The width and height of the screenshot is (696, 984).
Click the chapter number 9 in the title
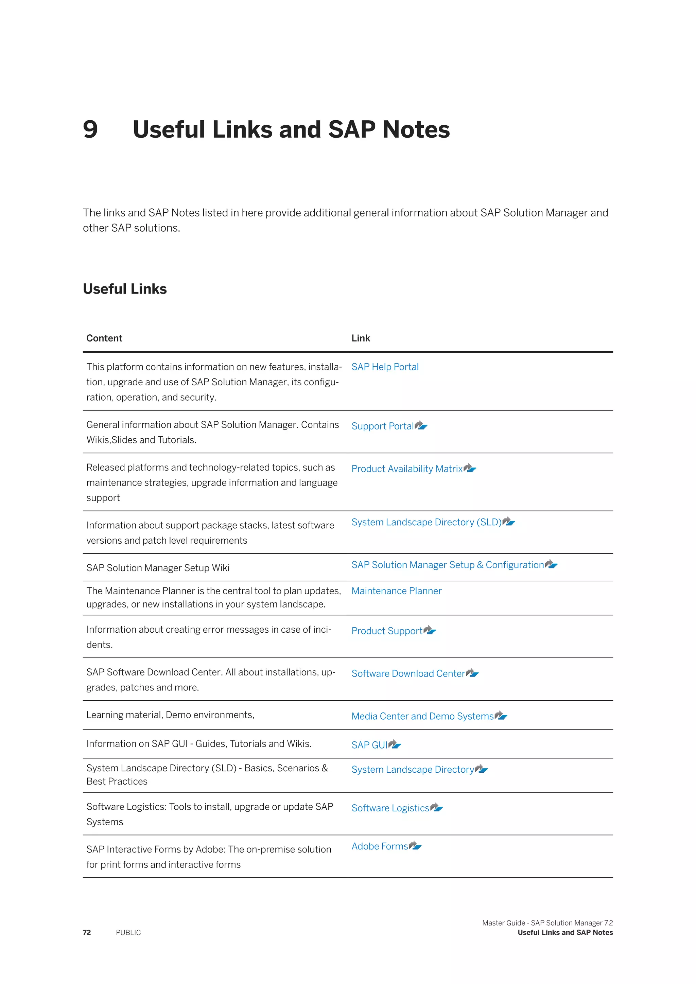tap(90, 129)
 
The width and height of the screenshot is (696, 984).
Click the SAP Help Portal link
tap(385, 367)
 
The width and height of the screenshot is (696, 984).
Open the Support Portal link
tap(382, 426)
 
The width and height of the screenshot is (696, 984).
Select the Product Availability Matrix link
tap(407, 469)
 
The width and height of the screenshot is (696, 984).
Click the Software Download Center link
tap(408, 674)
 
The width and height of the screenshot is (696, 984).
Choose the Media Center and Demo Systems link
tap(422, 717)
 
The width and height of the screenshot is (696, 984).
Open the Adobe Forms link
tap(380, 846)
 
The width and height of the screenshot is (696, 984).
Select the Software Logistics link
tap(390, 808)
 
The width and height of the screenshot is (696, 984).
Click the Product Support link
tap(386, 631)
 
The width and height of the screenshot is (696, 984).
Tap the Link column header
tap(361, 338)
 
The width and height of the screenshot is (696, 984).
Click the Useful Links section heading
tap(125, 289)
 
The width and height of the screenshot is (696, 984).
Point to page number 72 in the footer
tap(87, 933)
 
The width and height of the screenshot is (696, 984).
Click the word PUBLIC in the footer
tap(128, 933)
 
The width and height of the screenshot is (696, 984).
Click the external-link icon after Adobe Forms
tap(415, 846)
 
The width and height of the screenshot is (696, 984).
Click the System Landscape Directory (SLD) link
tap(426, 523)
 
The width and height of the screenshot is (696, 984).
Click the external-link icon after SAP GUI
tap(395, 745)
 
